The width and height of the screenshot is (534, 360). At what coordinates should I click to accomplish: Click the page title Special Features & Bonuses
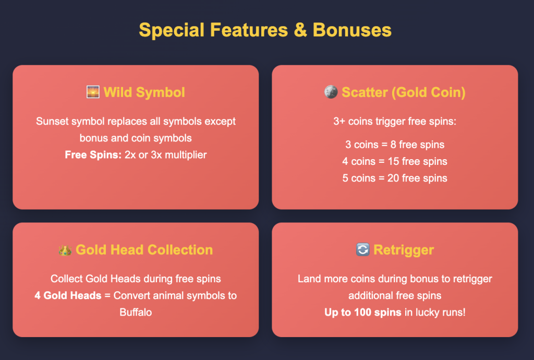[265, 30]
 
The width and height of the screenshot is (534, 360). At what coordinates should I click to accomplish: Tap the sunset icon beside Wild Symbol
[93, 92]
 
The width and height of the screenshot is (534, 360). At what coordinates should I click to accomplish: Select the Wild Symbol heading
[144, 92]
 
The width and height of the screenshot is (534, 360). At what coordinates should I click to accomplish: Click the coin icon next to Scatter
[331, 92]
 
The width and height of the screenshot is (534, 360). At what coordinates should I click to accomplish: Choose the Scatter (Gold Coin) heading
[404, 92]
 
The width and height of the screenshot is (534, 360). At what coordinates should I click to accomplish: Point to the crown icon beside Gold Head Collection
[65, 250]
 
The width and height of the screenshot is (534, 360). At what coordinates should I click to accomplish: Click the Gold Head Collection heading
[144, 249]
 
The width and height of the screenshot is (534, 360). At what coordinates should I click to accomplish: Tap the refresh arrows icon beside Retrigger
[363, 249]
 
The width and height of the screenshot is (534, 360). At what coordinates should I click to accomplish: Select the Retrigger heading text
[404, 250]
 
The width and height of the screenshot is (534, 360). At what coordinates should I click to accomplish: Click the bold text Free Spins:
[93, 155]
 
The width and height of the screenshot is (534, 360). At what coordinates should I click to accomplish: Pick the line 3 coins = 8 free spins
[395, 145]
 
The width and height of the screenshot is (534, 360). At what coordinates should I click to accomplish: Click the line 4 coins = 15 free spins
[395, 161]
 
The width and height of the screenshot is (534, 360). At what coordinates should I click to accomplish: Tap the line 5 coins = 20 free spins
[395, 178]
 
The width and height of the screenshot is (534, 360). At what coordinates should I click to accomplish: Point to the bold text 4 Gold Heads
[68, 296]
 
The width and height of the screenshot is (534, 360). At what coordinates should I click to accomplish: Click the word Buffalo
[136, 313]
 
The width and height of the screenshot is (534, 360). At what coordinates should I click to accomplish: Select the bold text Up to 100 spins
[363, 313]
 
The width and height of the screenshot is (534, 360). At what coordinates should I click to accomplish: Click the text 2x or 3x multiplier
[165, 155]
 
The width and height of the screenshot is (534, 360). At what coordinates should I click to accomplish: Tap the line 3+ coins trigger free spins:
[395, 121]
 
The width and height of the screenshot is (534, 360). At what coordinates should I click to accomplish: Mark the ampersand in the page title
[300, 30]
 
